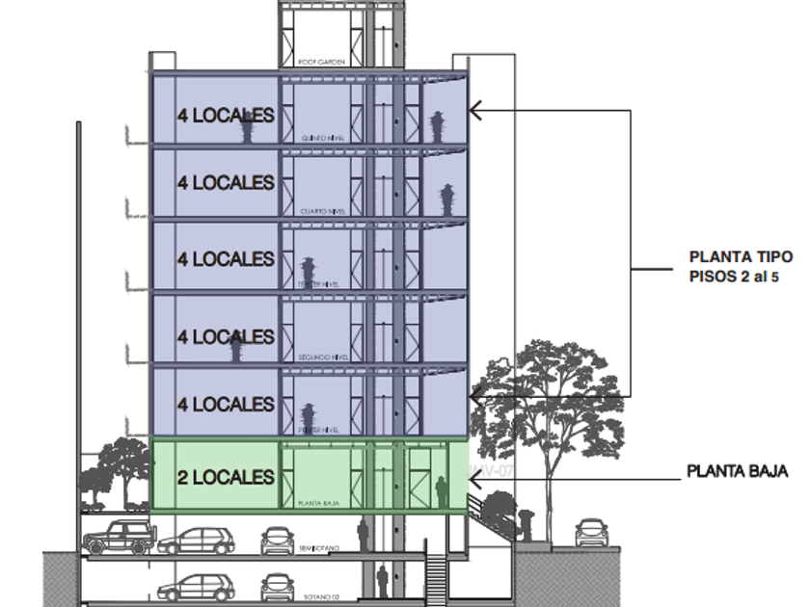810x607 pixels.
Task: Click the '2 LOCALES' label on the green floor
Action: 226,477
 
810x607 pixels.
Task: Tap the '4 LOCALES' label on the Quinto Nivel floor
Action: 226,115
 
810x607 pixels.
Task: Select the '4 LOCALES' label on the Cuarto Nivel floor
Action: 226,182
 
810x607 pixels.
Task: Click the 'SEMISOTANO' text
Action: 319,548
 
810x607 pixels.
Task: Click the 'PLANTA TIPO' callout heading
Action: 741,257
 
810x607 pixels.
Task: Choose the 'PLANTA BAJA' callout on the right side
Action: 738,472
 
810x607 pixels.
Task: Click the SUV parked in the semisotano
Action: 118,537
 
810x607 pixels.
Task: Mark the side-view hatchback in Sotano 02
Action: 197,586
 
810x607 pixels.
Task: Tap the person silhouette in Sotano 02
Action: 382,580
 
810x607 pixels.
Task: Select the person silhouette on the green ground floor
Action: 442,492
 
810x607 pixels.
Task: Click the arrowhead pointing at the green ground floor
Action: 474,474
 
